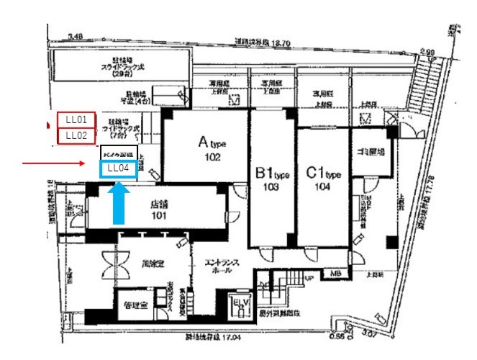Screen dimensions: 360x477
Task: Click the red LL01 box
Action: pos(77,119)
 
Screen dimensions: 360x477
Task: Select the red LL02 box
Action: pos(77,135)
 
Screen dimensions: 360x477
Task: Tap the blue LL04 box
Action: pos(117,169)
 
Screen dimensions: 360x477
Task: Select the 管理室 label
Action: pos(133,306)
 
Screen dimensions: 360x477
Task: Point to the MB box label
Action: pos(335,274)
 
